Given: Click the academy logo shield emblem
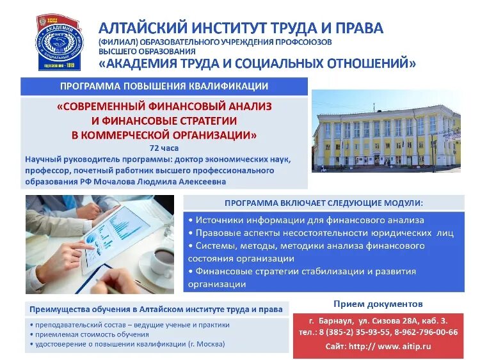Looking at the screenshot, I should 60,42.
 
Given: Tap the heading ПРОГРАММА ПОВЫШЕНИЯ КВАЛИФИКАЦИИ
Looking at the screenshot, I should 164,86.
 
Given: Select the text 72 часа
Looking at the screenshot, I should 164,148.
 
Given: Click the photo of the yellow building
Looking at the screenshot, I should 386,132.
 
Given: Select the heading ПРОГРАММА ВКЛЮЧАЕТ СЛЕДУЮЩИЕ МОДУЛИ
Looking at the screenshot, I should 323,203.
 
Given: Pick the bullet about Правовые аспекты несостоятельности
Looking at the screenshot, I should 321,233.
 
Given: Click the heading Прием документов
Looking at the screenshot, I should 378,304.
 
